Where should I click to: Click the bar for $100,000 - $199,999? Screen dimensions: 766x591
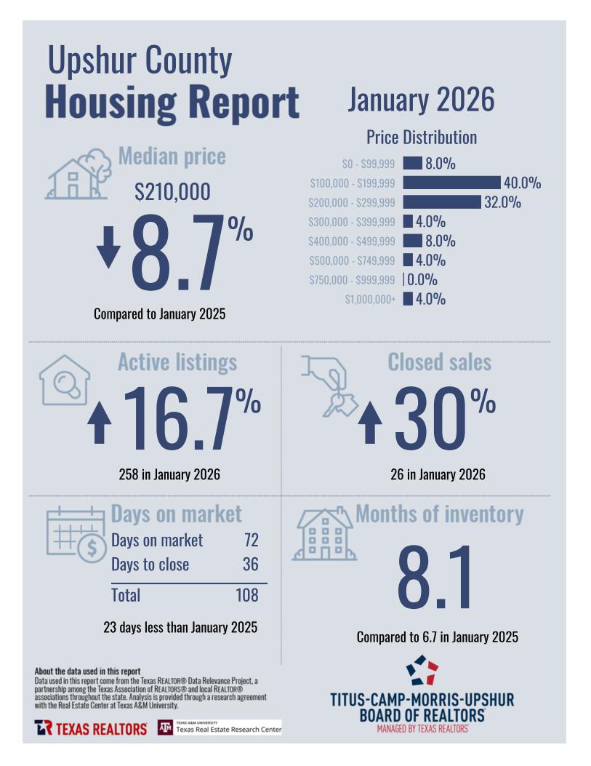click(451, 183)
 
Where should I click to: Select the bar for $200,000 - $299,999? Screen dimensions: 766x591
click(442, 202)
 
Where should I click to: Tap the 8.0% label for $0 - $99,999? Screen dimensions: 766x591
click(441, 164)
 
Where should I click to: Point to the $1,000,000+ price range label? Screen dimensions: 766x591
click(370, 299)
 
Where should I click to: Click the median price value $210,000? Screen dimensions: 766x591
click(173, 192)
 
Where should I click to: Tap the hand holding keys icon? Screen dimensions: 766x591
click(329, 385)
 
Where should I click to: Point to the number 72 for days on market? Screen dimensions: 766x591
click(251, 540)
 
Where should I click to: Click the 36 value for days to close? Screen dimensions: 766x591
click(250, 564)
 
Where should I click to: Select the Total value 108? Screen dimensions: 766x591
click(247, 595)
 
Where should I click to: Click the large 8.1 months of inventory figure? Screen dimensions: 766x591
click(435, 578)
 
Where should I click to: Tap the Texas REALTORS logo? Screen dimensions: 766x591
click(91, 727)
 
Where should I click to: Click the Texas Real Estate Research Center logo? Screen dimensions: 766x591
click(220, 727)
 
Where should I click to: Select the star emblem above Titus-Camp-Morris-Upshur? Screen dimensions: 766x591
click(422, 670)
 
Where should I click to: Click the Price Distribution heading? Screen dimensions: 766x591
click(422, 137)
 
